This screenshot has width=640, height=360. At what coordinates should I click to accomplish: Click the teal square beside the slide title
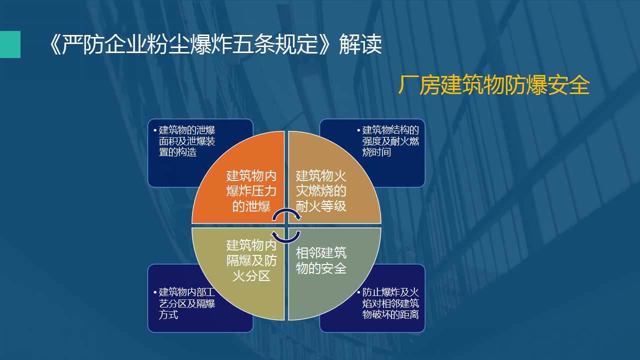pyautogui.click(x=10, y=44)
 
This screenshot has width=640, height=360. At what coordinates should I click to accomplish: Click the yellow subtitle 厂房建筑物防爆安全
pyautogui.click(x=494, y=85)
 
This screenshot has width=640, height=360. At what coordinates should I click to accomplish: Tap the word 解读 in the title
pyautogui.click(x=360, y=44)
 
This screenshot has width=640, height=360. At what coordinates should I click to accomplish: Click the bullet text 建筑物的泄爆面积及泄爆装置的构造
pyautogui.click(x=187, y=141)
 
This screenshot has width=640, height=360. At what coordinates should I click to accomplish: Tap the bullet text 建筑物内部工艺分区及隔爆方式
pyautogui.click(x=187, y=303)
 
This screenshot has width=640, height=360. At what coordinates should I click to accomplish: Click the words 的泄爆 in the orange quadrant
pyautogui.click(x=251, y=206)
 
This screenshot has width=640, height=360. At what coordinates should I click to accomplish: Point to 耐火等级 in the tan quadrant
pyautogui.click(x=321, y=206)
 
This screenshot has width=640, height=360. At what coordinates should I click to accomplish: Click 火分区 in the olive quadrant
pyautogui.click(x=251, y=276)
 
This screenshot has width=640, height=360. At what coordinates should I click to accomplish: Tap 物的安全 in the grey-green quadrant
pyautogui.click(x=321, y=268)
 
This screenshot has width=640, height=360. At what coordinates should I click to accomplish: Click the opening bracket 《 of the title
pyautogui.click(x=54, y=44)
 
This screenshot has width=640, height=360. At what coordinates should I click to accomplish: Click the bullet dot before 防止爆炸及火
pyautogui.click(x=358, y=292)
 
